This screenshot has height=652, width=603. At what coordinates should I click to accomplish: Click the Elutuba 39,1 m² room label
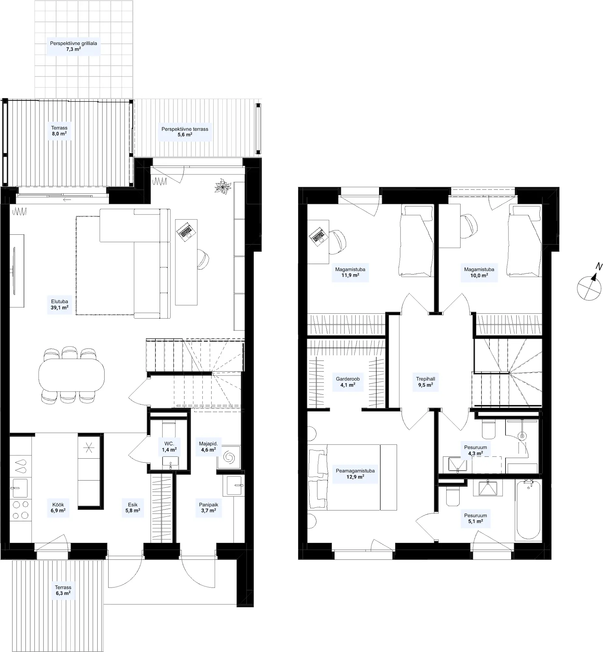(x=59, y=304)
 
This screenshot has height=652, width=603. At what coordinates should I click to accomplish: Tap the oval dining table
(x=71, y=375)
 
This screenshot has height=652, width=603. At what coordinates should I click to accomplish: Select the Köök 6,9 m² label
(x=58, y=508)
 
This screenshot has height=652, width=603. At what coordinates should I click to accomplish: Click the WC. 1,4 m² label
(x=169, y=447)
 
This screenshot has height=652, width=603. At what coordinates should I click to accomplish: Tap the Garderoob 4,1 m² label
(x=348, y=382)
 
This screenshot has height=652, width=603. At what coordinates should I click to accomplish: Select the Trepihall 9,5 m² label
(x=425, y=382)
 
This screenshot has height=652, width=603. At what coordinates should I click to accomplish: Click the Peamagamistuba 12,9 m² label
(x=355, y=474)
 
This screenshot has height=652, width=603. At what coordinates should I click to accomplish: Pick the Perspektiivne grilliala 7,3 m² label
(x=73, y=46)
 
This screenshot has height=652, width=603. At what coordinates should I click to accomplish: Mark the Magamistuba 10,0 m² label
(x=479, y=272)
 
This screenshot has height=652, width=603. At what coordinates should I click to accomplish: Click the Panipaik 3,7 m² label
(x=209, y=508)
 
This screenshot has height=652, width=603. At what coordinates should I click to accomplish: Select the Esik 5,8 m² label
(x=133, y=508)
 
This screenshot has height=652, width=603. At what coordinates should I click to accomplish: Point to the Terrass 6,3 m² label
(x=63, y=590)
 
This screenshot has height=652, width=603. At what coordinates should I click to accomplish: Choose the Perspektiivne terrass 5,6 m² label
(x=185, y=131)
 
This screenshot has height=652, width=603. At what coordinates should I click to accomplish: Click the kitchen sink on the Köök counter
(x=21, y=488)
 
